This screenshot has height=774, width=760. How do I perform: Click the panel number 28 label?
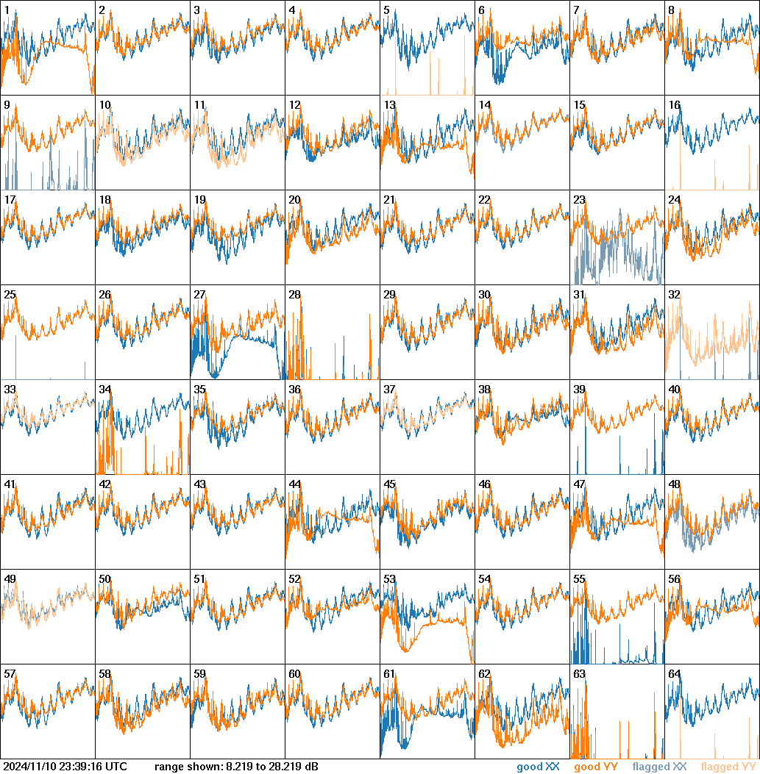tap(294, 295)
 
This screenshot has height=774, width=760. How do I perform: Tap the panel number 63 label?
tap(579, 674)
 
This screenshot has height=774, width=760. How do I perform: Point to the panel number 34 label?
tap(104, 390)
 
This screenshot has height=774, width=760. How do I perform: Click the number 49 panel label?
tap(10, 579)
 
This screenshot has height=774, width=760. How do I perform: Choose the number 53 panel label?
tap(389, 579)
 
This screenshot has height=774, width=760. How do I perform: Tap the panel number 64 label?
tap(674, 674)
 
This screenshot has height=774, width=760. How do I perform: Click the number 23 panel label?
tap(579, 200)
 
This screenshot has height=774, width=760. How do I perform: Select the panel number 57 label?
tap(10, 674)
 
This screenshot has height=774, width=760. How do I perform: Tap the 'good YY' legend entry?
tap(595, 767)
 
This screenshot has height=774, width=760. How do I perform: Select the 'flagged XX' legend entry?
tap(659, 767)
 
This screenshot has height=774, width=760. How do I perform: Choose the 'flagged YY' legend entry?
tap(728, 767)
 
